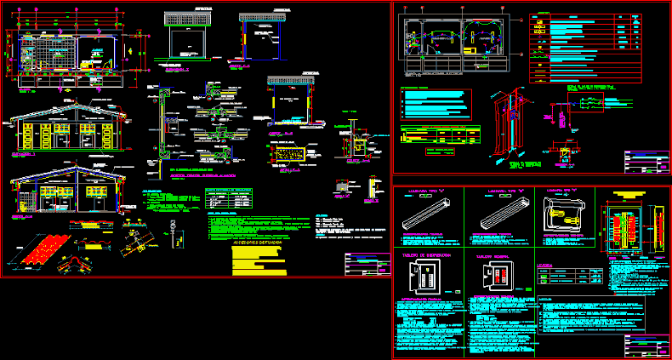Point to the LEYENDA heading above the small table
tap(545, 265)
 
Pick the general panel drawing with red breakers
tap(495, 276)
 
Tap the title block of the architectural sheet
tap(364, 264)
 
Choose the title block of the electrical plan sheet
tap(646, 162)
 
